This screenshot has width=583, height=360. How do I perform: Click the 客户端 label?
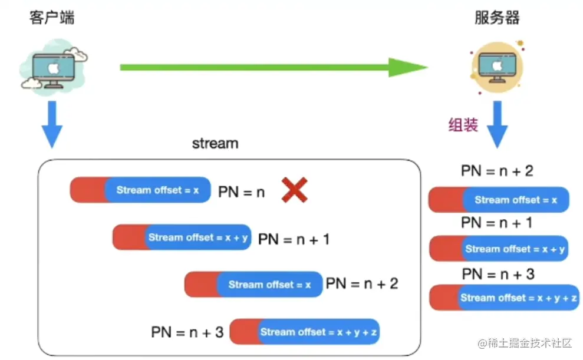point(52,18)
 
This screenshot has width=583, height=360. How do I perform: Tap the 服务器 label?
point(497,18)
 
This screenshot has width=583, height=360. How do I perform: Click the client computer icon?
point(54,67)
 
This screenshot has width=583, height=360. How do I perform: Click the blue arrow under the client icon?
point(52,124)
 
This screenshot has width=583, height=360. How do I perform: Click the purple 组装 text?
point(463,125)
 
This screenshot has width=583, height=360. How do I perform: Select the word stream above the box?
point(215,143)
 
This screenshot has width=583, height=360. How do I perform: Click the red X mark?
point(295,190)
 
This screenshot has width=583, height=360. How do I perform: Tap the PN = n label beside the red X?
point(242,191)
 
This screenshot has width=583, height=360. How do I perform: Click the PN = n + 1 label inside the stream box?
point(294,239)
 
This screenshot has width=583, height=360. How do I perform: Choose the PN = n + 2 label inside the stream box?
point(362,284)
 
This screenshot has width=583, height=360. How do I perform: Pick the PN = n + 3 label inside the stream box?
point(187,332)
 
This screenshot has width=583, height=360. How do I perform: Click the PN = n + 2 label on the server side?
point(498,171)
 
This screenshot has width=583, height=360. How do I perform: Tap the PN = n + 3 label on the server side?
point(498,273)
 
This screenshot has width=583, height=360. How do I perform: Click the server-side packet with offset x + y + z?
point(504,298)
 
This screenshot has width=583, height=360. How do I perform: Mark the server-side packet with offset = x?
point(498,200)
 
